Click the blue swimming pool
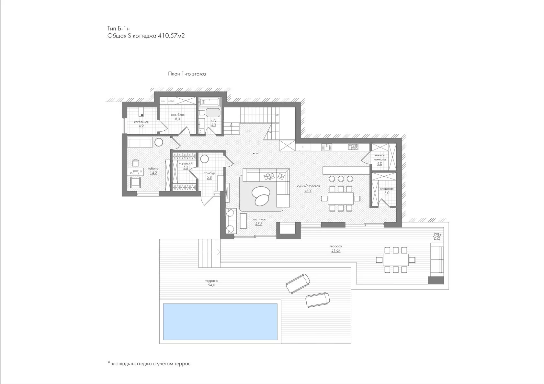pos(220,322)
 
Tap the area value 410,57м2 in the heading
pos(171,36)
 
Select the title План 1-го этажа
pos(187,74)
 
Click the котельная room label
pos(141,122)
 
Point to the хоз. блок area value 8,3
pos(177,119)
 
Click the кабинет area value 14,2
pos(153,173)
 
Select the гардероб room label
pos(186,163)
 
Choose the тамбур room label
pos(209,173)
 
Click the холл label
pos(256,153)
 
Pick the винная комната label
pos(380,158)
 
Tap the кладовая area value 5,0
pos(387,193)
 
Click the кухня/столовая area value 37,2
pos(308,191)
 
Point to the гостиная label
pos(259,219)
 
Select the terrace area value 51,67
pos(336,251)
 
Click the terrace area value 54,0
pos(211,285)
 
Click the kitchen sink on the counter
pos(327,147)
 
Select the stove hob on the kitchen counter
pos(353,147)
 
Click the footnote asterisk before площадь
pos(109,363)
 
